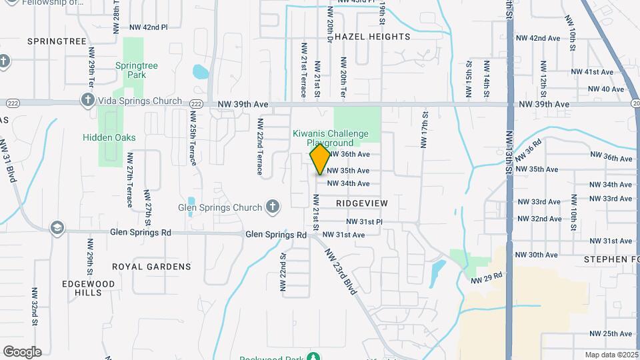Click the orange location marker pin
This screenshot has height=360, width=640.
point(321,159)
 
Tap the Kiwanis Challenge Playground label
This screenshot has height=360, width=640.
point(330,138)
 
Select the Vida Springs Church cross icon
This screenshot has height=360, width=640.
point(87,101)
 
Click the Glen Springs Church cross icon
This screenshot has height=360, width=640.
point(272,207)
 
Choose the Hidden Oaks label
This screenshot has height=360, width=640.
point(109,137)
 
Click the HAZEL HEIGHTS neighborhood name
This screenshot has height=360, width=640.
point(372,36)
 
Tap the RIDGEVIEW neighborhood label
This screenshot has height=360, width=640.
point(362,202)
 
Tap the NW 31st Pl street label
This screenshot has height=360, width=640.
point(364,221)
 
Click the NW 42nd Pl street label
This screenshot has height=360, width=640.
point(148,27)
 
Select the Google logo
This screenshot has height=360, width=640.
point(22,352)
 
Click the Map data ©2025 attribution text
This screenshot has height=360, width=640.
point(612,355)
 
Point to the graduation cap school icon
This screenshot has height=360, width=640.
point(57,227)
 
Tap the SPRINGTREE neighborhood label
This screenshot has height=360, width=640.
point(57,41)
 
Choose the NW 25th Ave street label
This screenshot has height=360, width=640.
point(608,333)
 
